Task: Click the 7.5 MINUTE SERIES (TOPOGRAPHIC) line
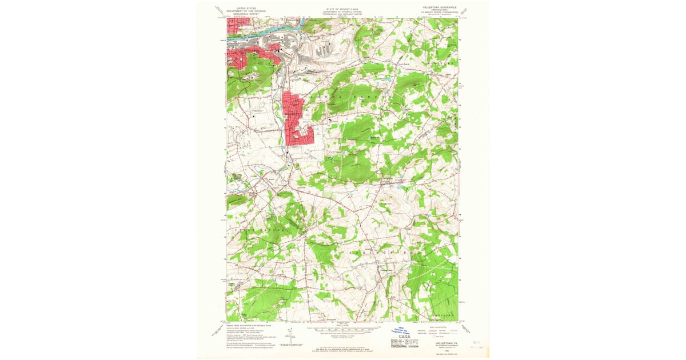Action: tap(441, 13)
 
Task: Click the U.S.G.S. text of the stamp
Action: tap(405, 338)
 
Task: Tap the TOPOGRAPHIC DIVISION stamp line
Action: tap(405, 347)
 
